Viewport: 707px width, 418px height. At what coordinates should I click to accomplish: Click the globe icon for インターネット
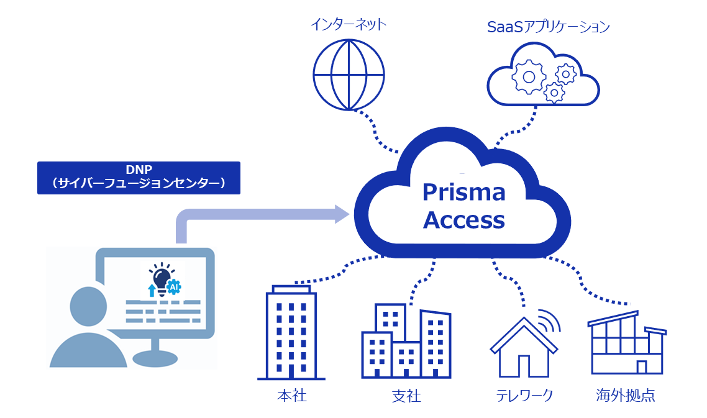[349, 75]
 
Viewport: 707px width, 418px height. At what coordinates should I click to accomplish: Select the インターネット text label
[349, 25]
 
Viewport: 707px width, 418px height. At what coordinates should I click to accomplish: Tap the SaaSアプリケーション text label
[548, 27]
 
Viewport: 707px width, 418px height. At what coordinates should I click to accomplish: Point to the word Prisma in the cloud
[463, 192]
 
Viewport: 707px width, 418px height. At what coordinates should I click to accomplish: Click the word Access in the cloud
[463, 220]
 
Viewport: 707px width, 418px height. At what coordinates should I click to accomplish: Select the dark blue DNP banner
[139, 178]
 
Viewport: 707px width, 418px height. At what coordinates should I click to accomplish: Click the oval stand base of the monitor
[155, 358]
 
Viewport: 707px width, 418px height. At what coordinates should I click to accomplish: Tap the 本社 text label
[291, 396]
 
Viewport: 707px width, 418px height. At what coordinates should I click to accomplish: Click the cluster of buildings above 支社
[406, 342]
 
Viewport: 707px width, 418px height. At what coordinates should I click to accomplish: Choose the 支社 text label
[406, 396]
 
